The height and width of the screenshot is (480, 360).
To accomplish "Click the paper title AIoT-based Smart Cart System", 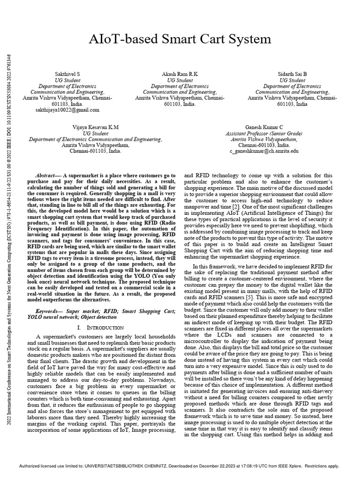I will click(x=180, y=38).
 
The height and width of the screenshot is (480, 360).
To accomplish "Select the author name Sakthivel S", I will click(x=67, y=74).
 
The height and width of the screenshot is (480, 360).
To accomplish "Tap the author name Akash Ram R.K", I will click(x=180, y=74).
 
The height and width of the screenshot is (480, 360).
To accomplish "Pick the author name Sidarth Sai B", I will click(x=292, y=74).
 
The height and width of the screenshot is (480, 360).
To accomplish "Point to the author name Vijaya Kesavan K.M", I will click(x=96, y=127).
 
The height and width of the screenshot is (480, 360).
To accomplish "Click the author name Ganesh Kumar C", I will click(x=264, y=127).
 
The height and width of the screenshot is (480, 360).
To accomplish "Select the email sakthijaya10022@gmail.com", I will click(x=67, y=110).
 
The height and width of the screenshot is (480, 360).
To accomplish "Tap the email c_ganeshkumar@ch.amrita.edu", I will click(x=264, y=152).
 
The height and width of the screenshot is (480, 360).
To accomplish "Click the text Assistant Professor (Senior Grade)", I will click(x=264, y=134).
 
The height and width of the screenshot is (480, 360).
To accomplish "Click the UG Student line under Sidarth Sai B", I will click(x=292, y=80).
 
